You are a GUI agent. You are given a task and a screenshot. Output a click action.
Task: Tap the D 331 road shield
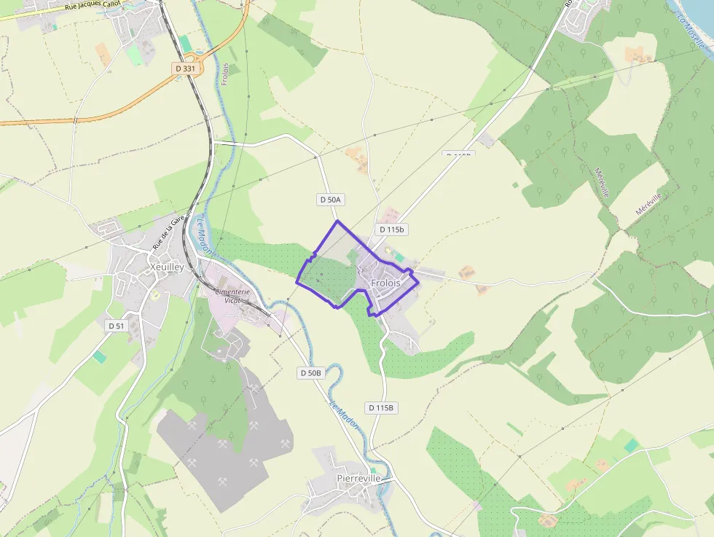tap(186, 68)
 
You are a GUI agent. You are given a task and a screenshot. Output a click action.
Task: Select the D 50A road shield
tap(330, 199)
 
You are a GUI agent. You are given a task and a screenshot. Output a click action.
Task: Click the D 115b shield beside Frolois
tap(391, 230)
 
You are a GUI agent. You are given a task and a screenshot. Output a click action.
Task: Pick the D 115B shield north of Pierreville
tap(381, 408)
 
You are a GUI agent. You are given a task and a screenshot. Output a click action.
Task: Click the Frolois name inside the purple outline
tap(385, 283)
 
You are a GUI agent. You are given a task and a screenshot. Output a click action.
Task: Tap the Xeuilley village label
tap(166, 267)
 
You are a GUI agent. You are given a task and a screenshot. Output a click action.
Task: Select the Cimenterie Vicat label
tap(232, 295)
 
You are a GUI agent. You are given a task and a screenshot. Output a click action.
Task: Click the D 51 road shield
tap(117, 326)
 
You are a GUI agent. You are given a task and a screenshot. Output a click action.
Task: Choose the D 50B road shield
tap(310, 373)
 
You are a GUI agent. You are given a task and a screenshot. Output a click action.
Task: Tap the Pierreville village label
tap(359, 478)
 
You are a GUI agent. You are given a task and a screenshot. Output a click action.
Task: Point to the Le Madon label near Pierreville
tap(345, 413)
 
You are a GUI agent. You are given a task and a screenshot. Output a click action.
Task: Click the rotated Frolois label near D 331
tap(225, 74)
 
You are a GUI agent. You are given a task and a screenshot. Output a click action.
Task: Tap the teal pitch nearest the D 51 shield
tap(99, 356)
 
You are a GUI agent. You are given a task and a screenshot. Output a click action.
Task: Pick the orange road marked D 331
tap(109, 111)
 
